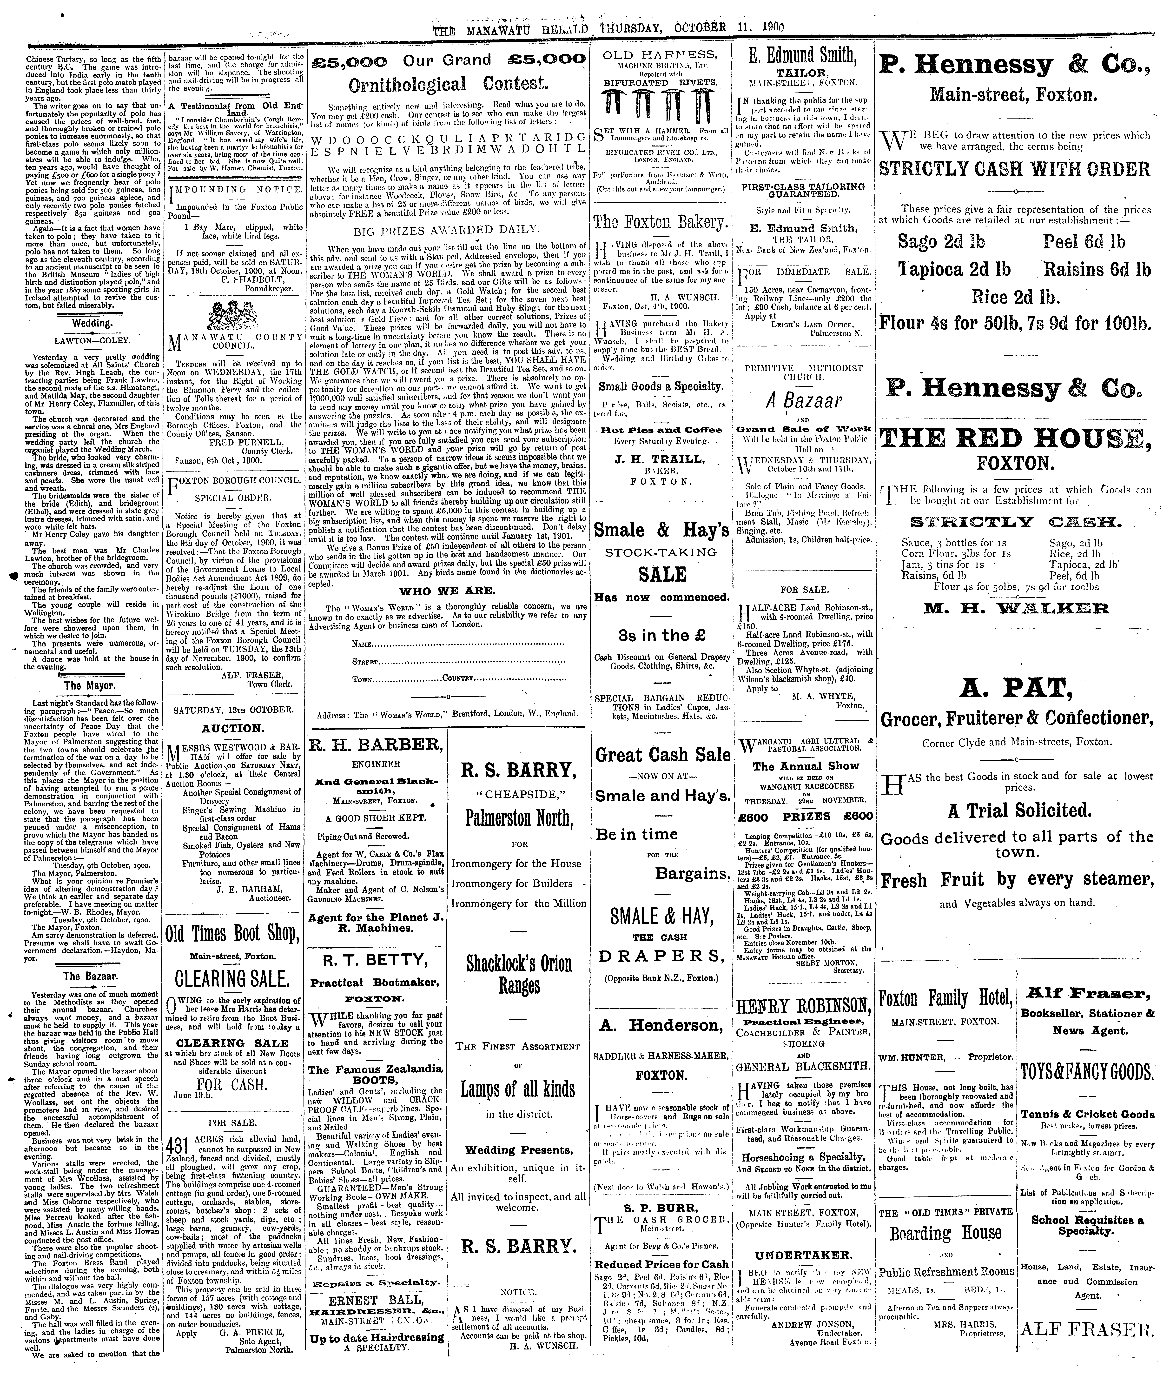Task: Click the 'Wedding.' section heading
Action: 92,323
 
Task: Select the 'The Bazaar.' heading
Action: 91,976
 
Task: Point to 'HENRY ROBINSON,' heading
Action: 803,1006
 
